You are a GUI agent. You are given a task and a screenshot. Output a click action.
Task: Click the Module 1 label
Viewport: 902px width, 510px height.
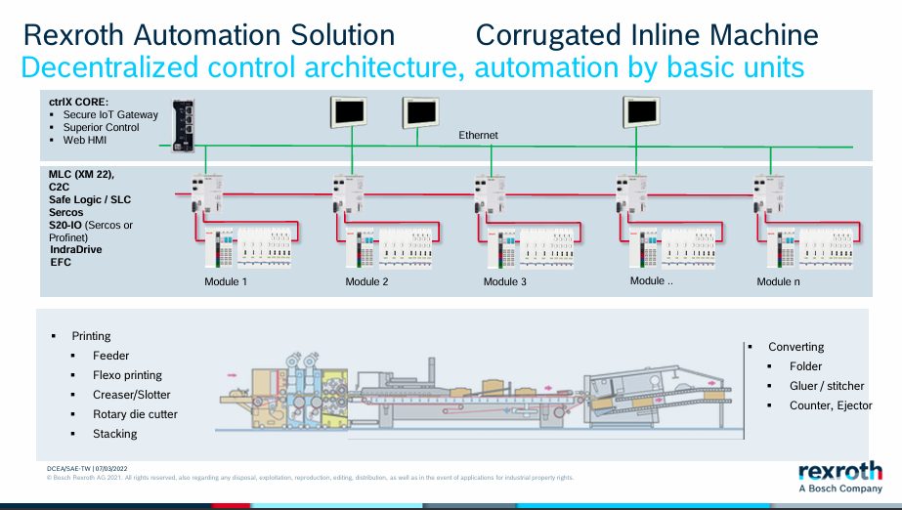point(225,282)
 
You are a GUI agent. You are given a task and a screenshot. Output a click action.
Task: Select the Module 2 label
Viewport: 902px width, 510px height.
point(366,282)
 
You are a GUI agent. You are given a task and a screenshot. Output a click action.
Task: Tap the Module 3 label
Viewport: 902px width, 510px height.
point(505,282)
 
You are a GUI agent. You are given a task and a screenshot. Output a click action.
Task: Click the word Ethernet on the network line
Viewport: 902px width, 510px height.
point(479,135)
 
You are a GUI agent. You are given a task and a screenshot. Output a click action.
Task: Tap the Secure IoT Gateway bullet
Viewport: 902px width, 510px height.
point(110,114)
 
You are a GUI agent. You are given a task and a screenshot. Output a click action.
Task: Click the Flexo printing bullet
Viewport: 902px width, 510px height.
point(127,375)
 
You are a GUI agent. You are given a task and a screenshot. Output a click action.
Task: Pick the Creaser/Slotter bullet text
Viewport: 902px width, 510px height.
point(131,395)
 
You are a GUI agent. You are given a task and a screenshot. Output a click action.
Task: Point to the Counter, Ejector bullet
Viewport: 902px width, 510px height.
point(831,405)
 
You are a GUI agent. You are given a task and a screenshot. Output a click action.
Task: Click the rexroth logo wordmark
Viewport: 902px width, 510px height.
point(840,468)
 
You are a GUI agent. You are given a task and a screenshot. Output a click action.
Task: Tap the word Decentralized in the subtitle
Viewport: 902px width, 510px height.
point(99,68)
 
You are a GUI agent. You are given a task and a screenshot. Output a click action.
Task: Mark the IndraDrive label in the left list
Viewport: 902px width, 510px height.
point(76,250)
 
